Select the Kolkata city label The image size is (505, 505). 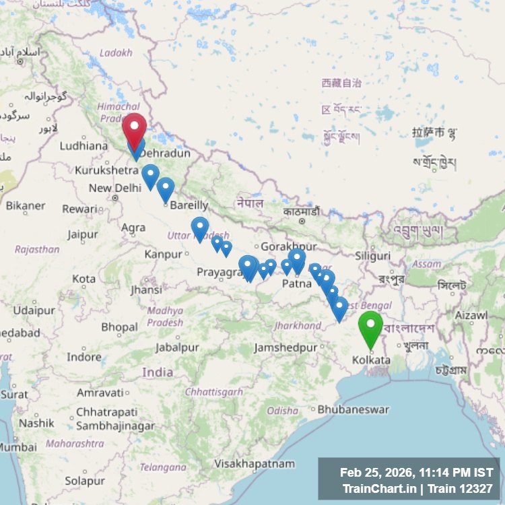point(371,360)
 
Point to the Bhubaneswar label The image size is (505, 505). point(353,409)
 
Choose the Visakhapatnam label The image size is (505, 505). point(255,463)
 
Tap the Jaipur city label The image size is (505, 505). point(82,235)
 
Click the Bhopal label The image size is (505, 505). point(119,327)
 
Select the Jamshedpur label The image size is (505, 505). point(285,347)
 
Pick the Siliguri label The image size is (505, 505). point(372,256)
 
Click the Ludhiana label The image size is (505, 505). point(83,146)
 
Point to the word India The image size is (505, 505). point(158,372)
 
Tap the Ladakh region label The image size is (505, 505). point(116,53)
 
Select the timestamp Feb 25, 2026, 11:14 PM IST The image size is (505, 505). point(416,473)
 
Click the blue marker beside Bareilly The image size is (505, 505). point(166,189)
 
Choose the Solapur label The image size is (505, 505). point(85,481)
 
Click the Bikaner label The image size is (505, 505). point(26,205)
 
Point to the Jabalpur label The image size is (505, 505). point(177,347)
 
